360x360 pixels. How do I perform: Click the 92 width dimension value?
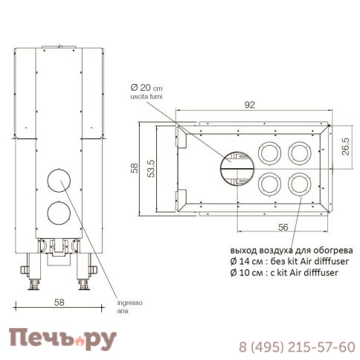249,105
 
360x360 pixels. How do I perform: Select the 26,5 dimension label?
346,147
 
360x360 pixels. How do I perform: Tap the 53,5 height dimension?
151,169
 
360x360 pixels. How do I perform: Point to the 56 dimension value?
283,227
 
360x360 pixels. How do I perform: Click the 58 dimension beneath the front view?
60,302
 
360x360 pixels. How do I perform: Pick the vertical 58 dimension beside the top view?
135,168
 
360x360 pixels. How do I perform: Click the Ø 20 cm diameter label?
147,88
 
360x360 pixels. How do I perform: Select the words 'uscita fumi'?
147,97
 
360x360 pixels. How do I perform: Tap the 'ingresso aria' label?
129,307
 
